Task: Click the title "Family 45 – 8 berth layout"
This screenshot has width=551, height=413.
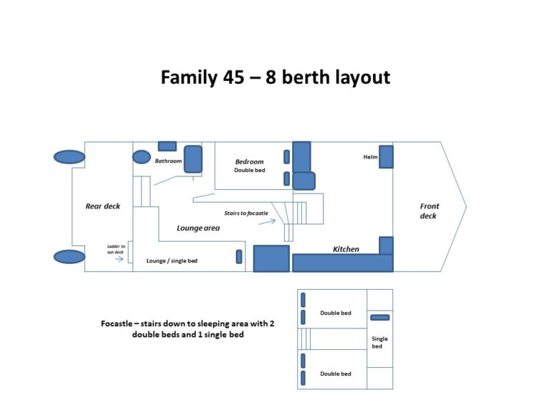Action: (275, 77)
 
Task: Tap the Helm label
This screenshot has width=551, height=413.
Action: (370, 157)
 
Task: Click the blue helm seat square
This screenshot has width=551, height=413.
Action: (386, 157)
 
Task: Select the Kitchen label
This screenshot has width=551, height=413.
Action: (346, 249)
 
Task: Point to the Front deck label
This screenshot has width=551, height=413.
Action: (429, 211)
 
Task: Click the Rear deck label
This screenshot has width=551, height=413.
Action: (103, 206)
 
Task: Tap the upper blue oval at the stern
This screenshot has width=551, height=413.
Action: (70, 157)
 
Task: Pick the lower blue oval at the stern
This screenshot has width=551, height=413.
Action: (70, 257)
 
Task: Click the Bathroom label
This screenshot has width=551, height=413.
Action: (168, 161)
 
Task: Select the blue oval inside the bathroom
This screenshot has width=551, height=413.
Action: (141, 157)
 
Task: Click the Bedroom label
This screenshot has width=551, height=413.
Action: (250, 162)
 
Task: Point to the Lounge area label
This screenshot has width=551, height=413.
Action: (198, 228)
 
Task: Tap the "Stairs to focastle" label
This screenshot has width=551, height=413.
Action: (246, 213)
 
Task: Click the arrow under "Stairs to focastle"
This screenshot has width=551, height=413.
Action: (267, 222)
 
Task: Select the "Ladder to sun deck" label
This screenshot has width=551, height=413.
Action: (116, 249)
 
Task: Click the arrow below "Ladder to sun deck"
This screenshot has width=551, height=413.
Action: (118, 260)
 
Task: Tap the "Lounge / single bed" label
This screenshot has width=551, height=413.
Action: (171, 261)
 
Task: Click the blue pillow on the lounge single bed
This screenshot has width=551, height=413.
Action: (239, 257)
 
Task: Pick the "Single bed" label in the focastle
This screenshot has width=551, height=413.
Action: (380, 343)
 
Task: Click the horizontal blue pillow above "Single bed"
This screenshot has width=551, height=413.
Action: (380, 317)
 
